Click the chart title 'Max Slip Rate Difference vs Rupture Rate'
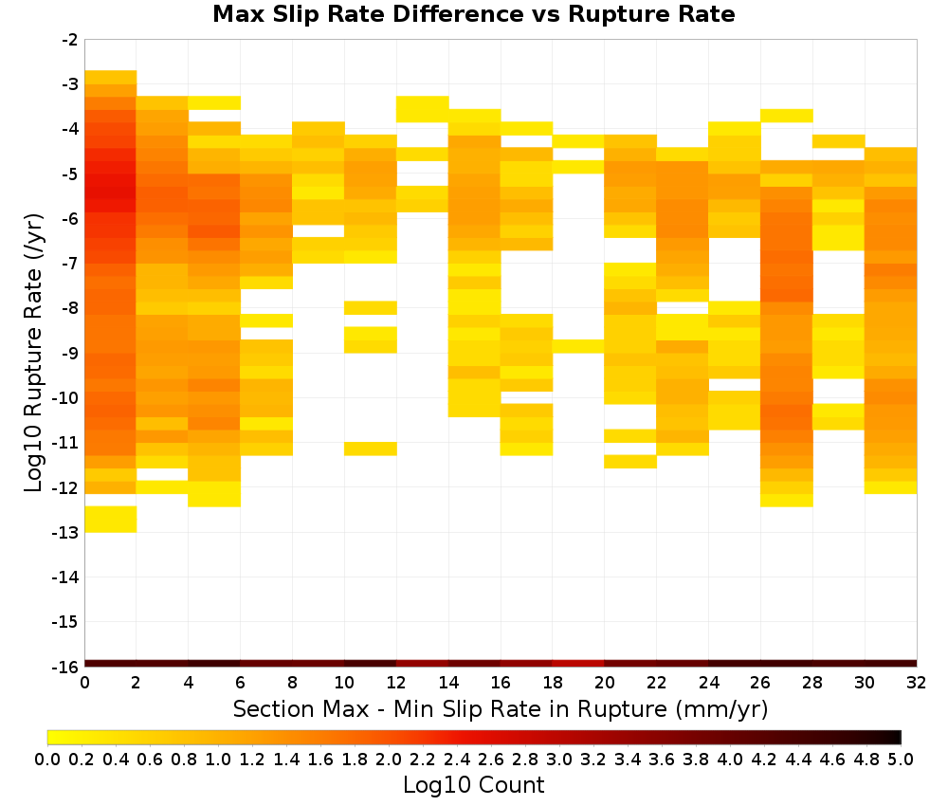(x=473, y=14)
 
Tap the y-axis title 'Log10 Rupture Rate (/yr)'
(x=33, y=353)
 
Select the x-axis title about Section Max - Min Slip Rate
(x=500, y=708)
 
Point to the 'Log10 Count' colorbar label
(x=473, y=785)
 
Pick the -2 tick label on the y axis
(x=70, y=40)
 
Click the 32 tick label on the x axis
(x=916, y=683)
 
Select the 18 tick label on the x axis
(x=553, y=683)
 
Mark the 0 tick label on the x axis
(x=84, y=683)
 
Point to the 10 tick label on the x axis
(x=344, y=683)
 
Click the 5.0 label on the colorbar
(x=901, y=760)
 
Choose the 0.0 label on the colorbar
(x=47, y=760)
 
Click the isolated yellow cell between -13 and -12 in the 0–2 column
(x=111, y=520)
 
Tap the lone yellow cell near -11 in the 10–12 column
(x=371, y=449)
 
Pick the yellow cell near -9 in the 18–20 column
(x=578, y=346)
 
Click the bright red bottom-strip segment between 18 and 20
(x=578, y=664)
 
